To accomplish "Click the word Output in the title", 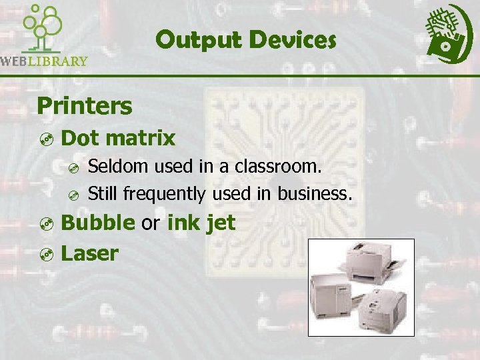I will (198, 41).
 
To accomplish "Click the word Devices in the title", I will (293, 41).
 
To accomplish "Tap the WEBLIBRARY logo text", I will (44, 61).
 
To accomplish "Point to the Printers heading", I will (85, 105).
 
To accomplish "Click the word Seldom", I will (115, 166).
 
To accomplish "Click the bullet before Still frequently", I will (75, 195).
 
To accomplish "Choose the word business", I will (315, 193).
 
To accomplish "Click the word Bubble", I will (97, 223).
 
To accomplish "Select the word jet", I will (221, 223).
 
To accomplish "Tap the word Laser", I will (90, 253).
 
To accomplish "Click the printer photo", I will (361, 287).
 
